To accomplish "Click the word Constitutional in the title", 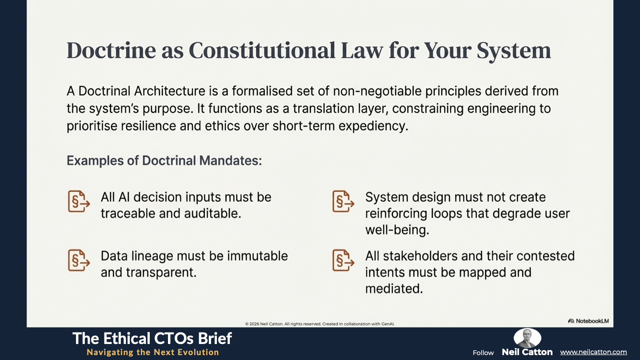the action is pyautogui.click(x=262, y=51).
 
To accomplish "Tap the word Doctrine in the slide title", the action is pyautogui.click(x=111, y=51).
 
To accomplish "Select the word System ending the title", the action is pyautogui.click(x=514, y=52).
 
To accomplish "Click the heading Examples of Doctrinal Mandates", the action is pyautogui.click(x=164, y=160).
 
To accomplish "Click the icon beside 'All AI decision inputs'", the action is pyautogui.click(x=79, y=201).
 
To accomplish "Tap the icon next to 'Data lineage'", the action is pyautogui.click(x=79, y=260).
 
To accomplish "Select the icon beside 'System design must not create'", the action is pyautogui.click(x=344, y=201).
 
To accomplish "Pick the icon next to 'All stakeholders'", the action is pyautogui.click(x=344, y=260).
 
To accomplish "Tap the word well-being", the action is pyautogui.click(x=397, y=230).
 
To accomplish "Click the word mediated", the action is pyautogui.click(x=394, y=288).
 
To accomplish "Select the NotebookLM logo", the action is pyautogui.click(x=588, y=321).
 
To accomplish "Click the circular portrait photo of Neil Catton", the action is pyautogui.click(x=527, y=338).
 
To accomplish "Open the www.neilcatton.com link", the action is pyautogui.click(x=593, y=352).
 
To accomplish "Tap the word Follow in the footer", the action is pyautogui.click(x=483, y=353).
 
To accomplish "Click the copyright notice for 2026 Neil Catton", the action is pyautogui.click(x=320, y=324).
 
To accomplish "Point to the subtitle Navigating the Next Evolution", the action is pyautogui.click(x=153, y=352).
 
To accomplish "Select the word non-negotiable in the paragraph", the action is pyautogui.click(x=377, y=92).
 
